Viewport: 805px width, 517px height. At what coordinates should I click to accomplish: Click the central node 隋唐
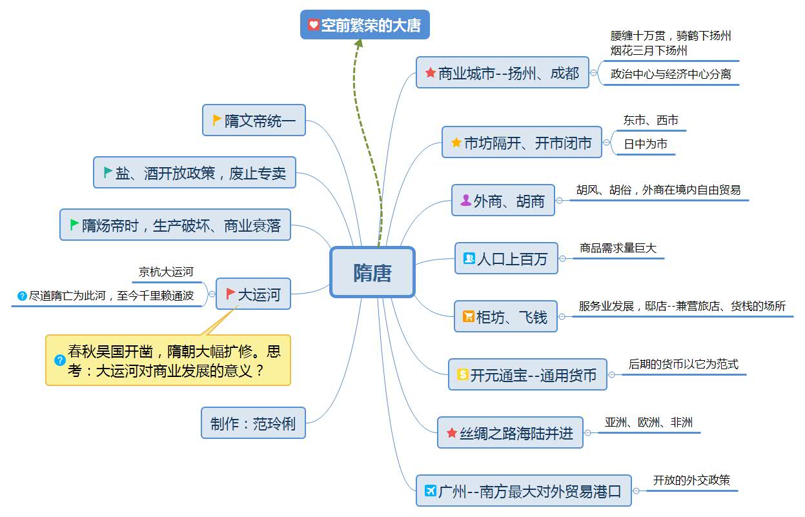point(372,272)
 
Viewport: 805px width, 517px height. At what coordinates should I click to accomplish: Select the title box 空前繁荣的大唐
point(365,25)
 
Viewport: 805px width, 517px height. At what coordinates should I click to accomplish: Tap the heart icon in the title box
point(313,25)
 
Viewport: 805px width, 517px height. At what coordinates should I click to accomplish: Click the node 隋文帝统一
point(254,121)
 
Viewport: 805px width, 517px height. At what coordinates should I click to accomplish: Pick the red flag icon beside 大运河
point(230,294)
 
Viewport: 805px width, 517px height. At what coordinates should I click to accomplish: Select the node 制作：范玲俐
point(253,423)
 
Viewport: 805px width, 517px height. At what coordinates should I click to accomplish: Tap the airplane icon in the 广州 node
point(431,491)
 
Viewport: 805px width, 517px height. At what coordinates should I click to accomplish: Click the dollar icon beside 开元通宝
point(462,374)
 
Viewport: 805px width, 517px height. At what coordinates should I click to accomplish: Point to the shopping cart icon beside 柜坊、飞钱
point(468,316)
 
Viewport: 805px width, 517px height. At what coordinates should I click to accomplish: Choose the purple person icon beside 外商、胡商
point(465,201)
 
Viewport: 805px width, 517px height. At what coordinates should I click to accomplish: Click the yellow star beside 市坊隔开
point(456,143)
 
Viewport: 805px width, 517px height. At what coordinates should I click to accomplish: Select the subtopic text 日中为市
point(645,145)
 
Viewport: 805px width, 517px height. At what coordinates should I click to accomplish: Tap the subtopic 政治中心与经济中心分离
point(671,74)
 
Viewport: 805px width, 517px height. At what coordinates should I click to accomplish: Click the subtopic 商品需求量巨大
point(618,248)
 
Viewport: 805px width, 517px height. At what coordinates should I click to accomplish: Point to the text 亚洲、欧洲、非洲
point(648,422)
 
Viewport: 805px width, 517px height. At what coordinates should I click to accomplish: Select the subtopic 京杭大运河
point(166,272)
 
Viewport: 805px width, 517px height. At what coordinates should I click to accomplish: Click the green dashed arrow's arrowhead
point(358,43)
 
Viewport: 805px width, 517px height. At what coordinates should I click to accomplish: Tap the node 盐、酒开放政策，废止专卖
point(194,172)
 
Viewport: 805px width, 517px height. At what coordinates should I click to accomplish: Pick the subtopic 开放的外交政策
point(691,480)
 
